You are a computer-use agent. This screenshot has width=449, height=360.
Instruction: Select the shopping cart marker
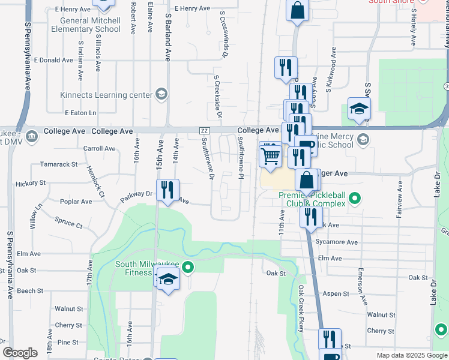point(271,157)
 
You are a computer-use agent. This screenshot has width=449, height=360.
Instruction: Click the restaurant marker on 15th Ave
point(167,191)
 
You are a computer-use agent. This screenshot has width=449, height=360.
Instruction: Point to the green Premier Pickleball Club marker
point(355,197)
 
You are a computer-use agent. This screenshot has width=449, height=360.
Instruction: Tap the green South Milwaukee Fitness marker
point(188,268)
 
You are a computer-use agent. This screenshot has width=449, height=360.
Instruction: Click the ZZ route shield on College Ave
point(205,131)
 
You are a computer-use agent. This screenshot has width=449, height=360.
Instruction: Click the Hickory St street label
point(31,182)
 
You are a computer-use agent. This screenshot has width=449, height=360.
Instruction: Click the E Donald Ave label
point(53,61)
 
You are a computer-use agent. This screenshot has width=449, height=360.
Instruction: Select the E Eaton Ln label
point(80,113)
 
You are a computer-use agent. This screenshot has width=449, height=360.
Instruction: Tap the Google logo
point(20,353)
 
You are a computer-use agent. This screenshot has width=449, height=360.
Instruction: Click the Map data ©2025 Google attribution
point(411,355)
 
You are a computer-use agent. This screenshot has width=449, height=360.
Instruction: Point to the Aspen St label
point(337,294)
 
